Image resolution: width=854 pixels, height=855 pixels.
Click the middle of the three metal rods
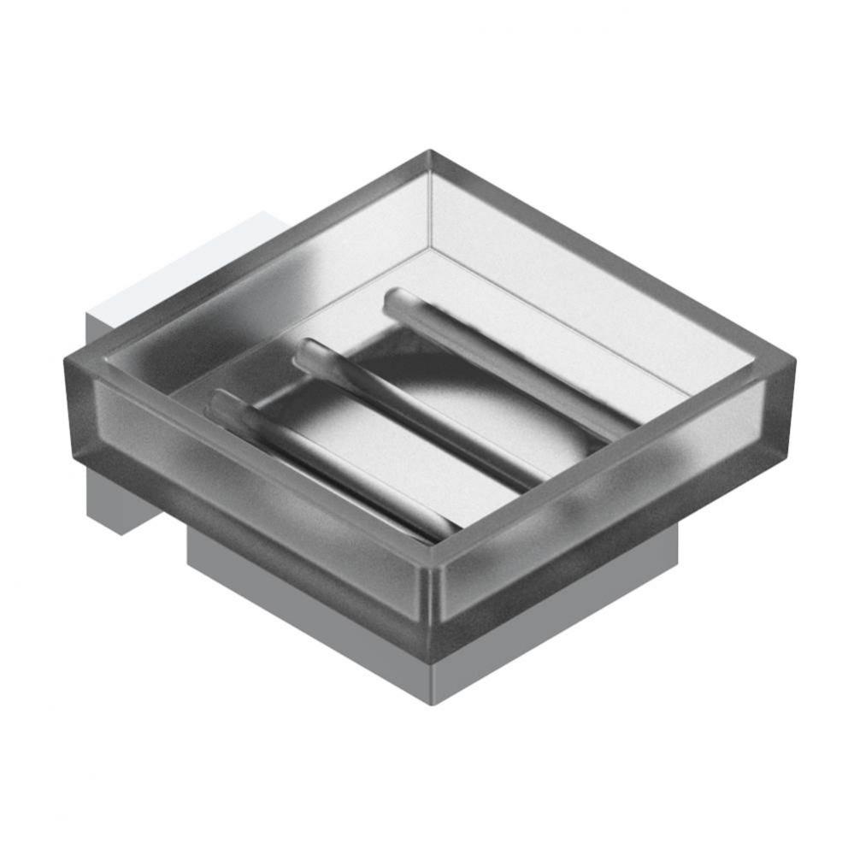[419, 415]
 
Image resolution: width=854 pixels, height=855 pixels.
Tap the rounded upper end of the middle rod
[309, 352]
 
